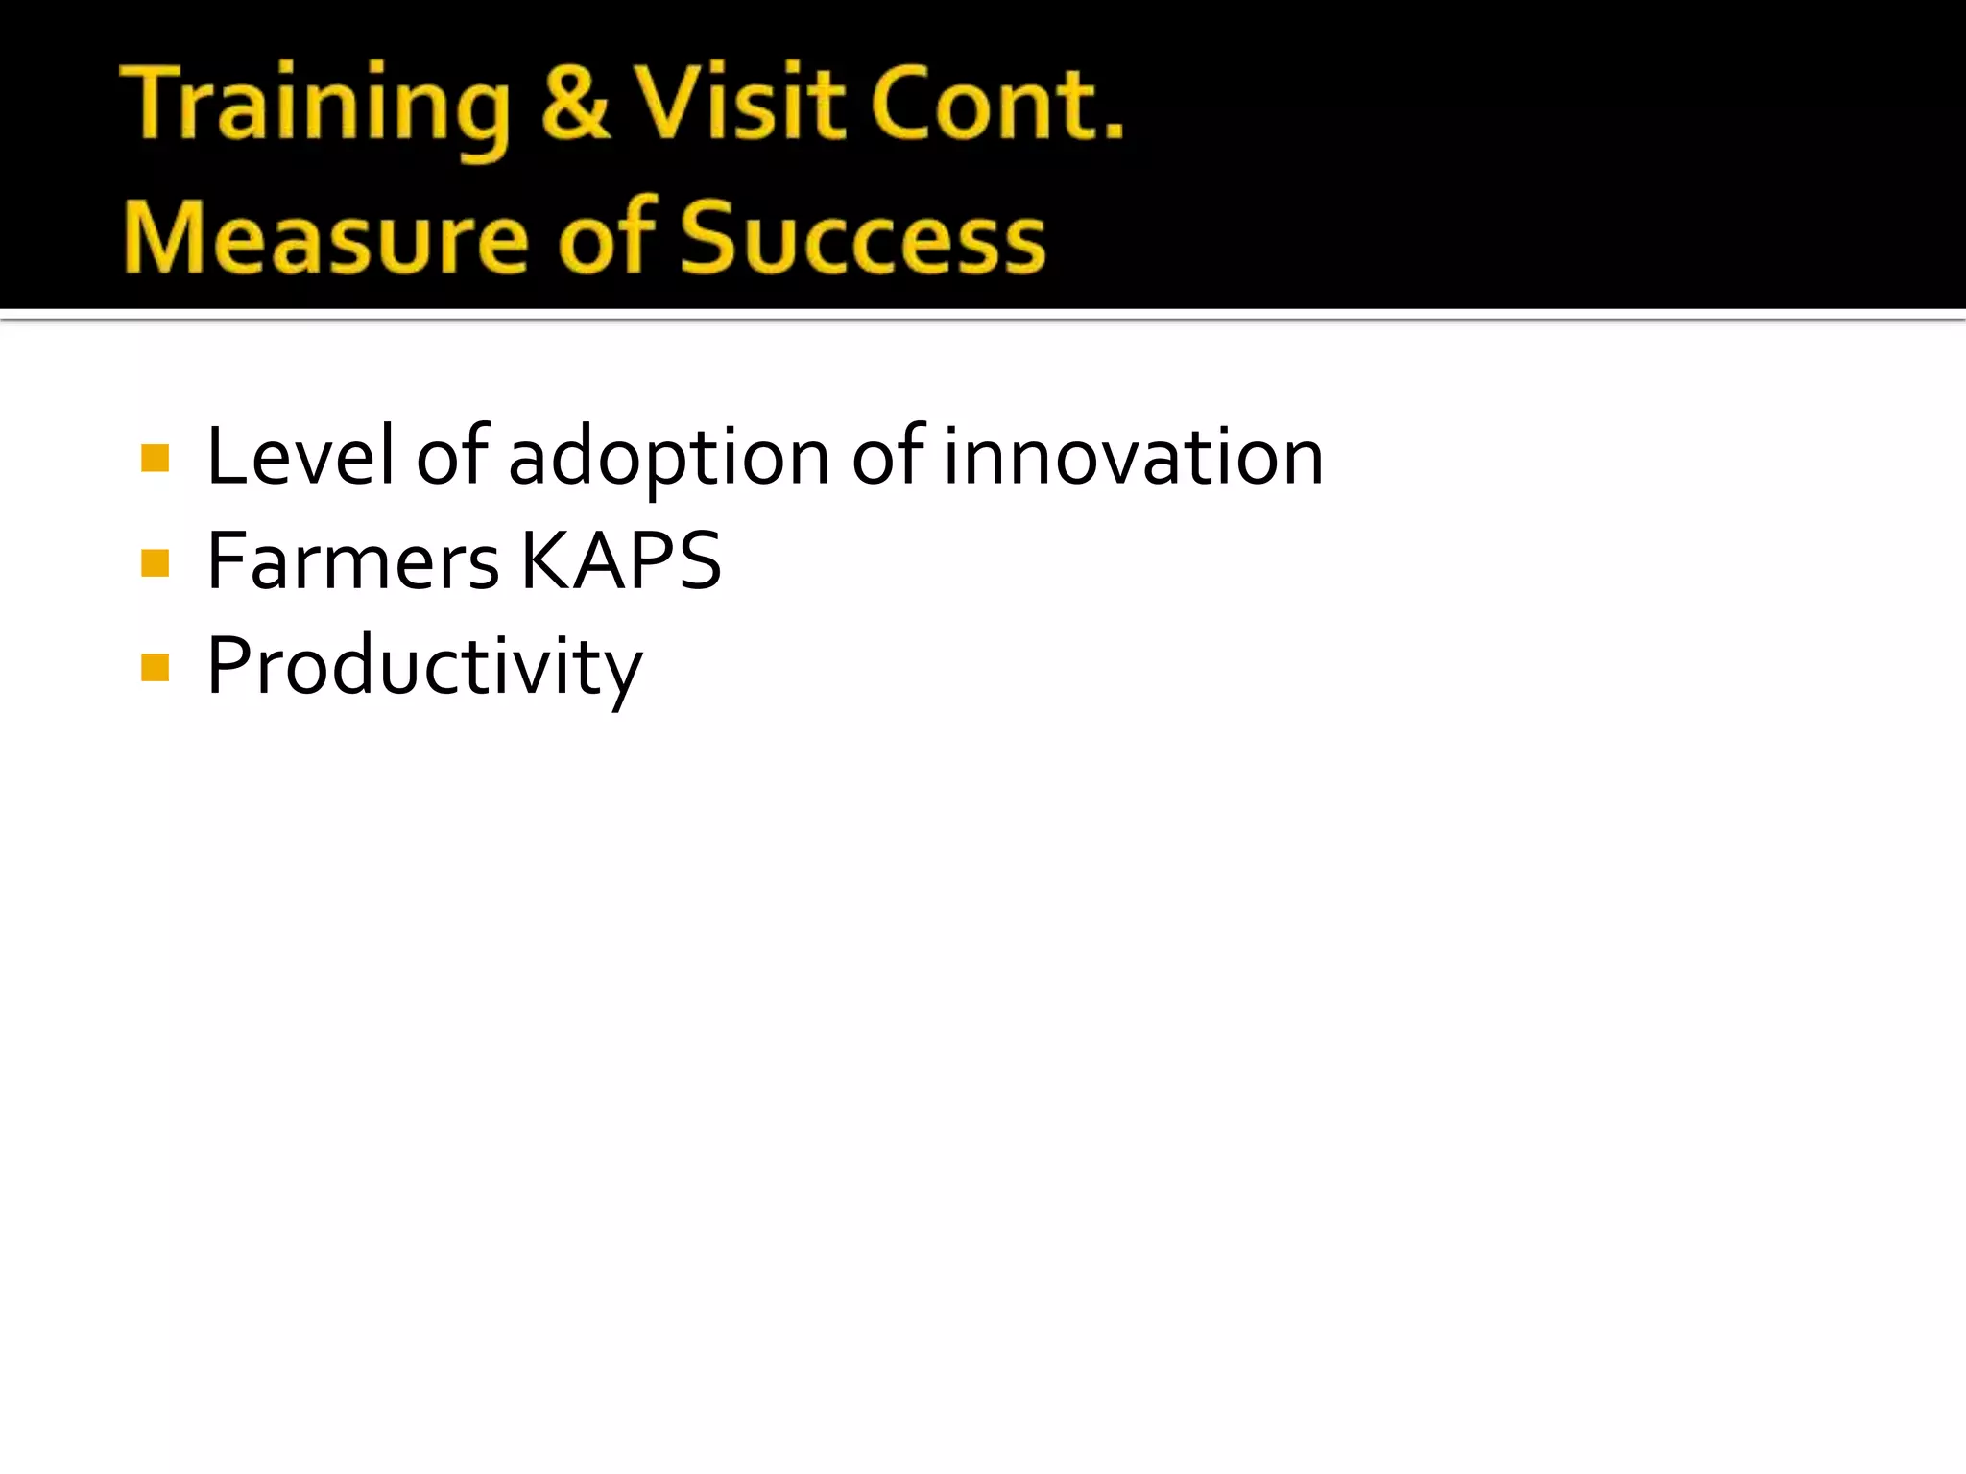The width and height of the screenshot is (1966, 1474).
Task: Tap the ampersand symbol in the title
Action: point(574,104)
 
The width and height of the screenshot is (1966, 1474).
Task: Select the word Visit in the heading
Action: point(739,104)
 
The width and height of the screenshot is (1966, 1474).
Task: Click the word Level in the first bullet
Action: point(300,457)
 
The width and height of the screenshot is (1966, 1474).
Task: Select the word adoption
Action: point(668,459)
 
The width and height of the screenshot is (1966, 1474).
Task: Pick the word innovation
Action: point(1133,457)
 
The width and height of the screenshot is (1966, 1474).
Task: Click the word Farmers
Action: point(352,561)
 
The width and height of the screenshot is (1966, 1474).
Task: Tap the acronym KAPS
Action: point(621,561)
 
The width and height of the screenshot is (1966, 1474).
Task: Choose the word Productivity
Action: point(424,668)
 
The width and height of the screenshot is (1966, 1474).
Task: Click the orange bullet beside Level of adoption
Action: point(155,459)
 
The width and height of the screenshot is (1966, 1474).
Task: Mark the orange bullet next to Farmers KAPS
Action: point(155,562)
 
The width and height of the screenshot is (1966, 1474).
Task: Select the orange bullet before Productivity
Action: point(155,667)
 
